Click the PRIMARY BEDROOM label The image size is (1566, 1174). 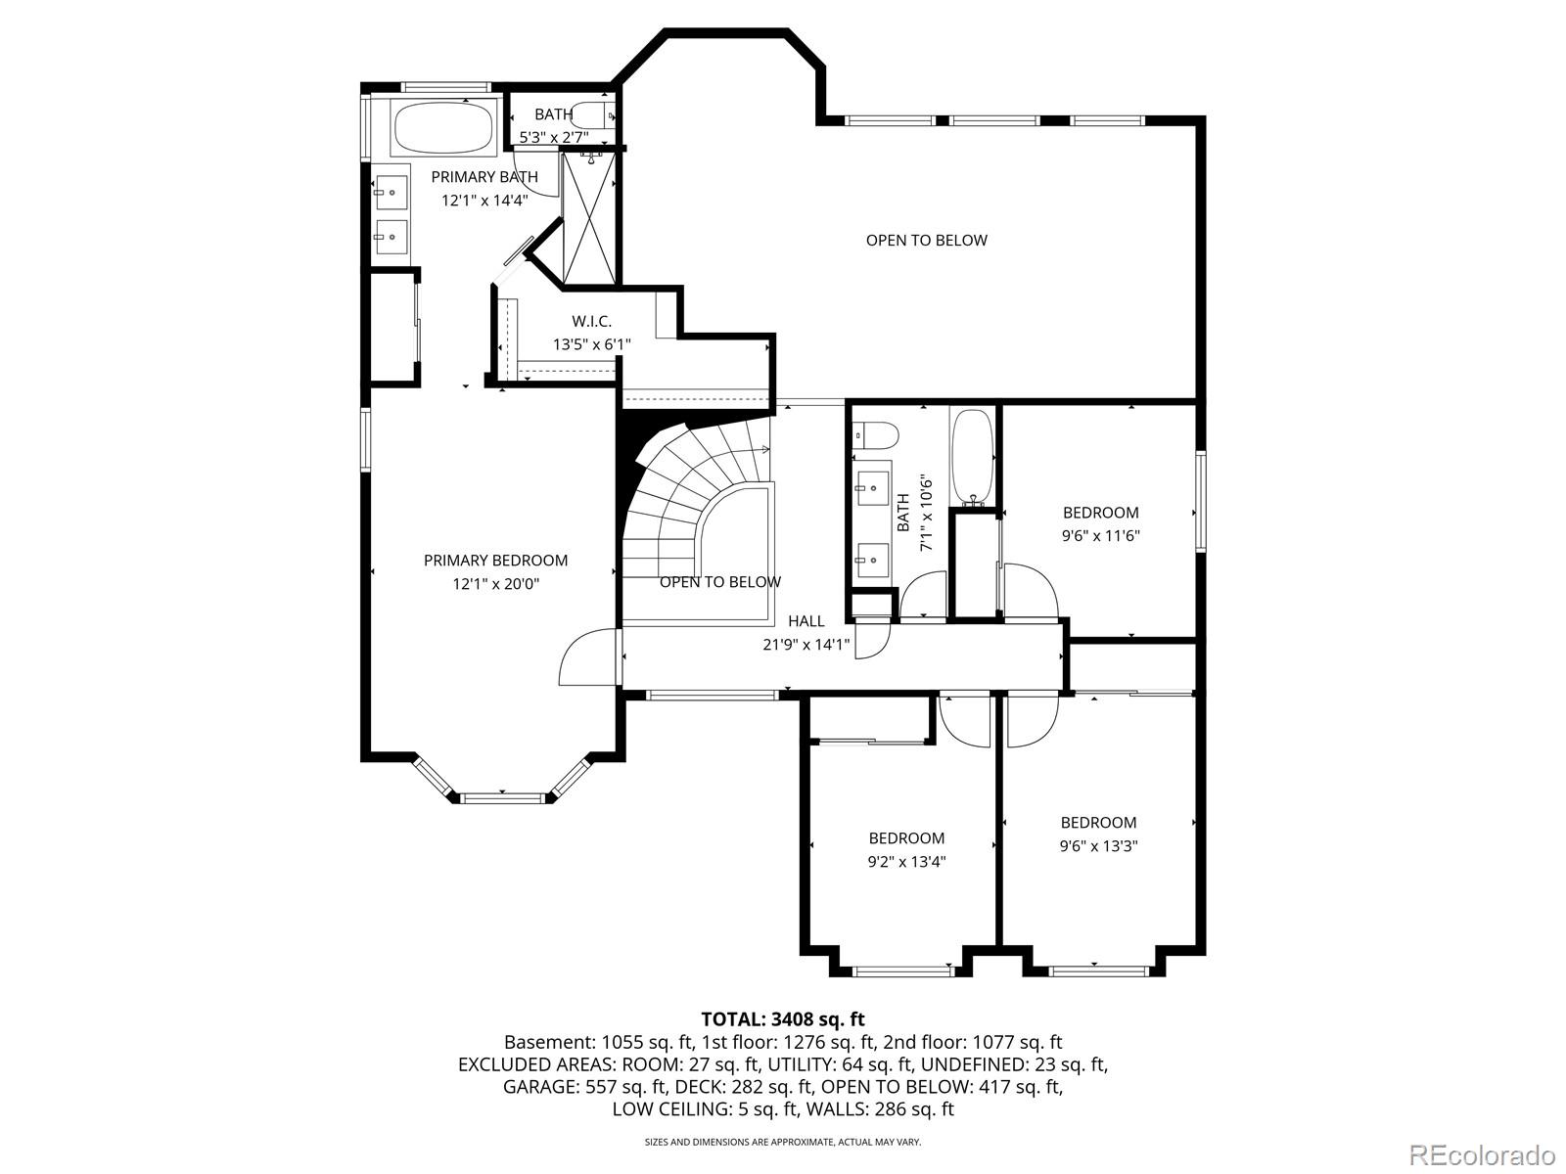coord(495,561)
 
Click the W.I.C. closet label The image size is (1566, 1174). coord(591,321)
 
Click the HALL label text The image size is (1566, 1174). coord(806,621)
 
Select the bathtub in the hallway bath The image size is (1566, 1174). coord(972,455)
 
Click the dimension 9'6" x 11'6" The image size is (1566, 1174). coord(1101,536)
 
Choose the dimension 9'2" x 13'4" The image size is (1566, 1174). coord(906,862)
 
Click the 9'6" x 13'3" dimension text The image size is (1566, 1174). coord(1099,846)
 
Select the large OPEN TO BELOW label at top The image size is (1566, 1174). coord(926,241)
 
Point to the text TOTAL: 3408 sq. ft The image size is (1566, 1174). coord(783,1019)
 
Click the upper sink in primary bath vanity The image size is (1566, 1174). coord(392,191)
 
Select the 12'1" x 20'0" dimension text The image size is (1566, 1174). coord(495,584)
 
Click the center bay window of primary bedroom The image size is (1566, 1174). coord(502,798)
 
